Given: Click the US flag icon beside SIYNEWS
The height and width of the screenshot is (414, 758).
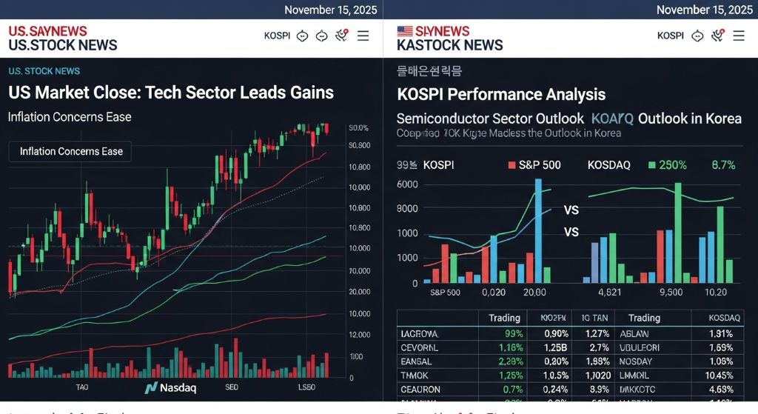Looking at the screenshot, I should coord(405,31).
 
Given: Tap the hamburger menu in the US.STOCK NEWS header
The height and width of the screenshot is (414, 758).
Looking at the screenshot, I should coord(363,36).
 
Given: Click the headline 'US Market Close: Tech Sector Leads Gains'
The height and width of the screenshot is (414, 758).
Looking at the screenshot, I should coord(171,93).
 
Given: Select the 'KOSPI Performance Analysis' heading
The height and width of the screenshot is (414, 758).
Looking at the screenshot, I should coord(501,95).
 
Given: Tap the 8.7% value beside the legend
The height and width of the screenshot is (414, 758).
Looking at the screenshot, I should coord(722,165).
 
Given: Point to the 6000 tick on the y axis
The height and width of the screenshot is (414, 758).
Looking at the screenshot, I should coord(407,184).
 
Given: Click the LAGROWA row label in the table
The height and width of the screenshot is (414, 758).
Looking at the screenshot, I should coord(419,333).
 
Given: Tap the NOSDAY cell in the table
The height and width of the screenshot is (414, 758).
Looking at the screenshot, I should coord(636,361).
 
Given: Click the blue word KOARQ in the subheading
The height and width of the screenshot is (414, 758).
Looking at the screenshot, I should coord(612,118).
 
